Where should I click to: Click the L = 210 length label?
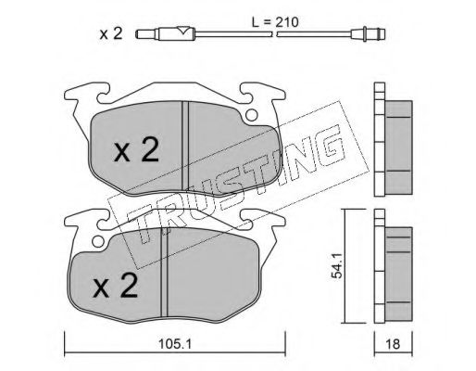(275, 22)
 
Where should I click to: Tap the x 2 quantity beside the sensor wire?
(111, 33)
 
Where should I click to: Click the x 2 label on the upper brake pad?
(137, 150)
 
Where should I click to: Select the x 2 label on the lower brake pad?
(116, 287)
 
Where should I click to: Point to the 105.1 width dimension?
(175, 344)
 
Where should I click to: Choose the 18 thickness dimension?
(393, 344)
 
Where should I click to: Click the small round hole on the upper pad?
(252, 115)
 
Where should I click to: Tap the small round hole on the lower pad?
(98, 242)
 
